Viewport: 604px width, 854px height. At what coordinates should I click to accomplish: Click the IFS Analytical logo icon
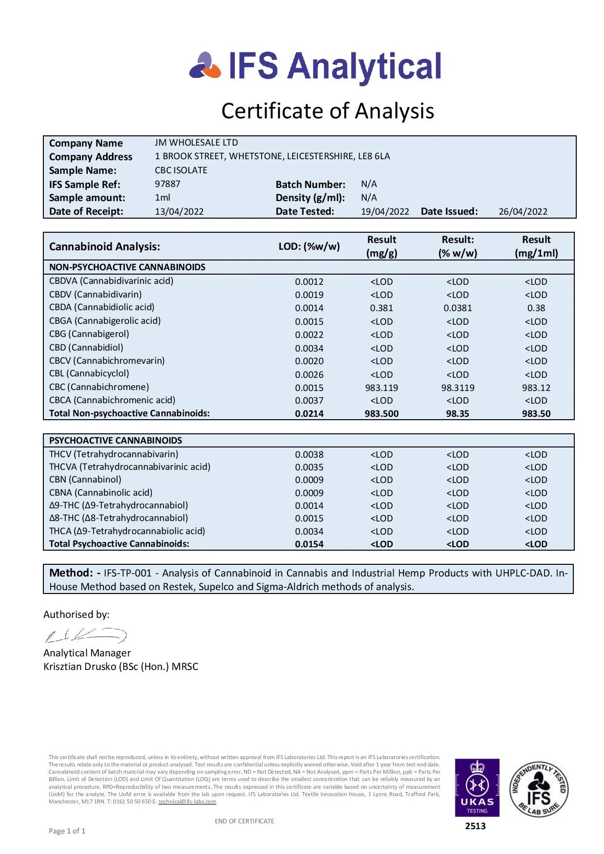[205, 66]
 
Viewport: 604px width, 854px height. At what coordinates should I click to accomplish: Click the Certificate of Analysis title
[327, 111]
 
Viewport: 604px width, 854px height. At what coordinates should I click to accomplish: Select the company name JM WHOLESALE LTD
[196, 143]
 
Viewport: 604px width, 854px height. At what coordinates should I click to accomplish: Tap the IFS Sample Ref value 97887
[168, 184]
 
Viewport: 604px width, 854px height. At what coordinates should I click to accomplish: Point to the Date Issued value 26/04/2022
[523, 212]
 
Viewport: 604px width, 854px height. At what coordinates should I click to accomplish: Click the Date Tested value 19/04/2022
[385, 212]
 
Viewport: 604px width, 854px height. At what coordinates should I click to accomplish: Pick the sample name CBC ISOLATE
[181, 170]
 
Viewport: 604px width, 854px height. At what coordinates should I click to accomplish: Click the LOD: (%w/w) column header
[309, 246]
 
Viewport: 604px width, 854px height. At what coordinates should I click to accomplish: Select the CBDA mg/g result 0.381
[381, 308]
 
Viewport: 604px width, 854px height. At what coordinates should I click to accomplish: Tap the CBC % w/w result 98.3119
[457, 388]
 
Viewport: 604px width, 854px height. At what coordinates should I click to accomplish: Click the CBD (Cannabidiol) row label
[86, 348]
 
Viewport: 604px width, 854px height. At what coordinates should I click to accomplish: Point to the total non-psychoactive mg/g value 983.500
[381, 414]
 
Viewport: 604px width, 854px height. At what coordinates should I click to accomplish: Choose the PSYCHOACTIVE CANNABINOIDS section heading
[115, 441]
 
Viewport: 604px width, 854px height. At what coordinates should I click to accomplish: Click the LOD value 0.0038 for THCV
[309, 455]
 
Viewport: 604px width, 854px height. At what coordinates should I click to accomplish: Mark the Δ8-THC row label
[118, 518]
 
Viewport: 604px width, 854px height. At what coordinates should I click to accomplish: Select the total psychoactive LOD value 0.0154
[309, 544]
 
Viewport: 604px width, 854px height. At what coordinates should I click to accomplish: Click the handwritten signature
[86, 635]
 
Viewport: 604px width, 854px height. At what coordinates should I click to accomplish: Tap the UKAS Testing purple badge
[477, 787]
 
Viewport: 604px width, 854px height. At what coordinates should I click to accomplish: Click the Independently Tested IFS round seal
[539, 789]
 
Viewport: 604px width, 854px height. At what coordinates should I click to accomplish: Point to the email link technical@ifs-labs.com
[187, 801]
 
